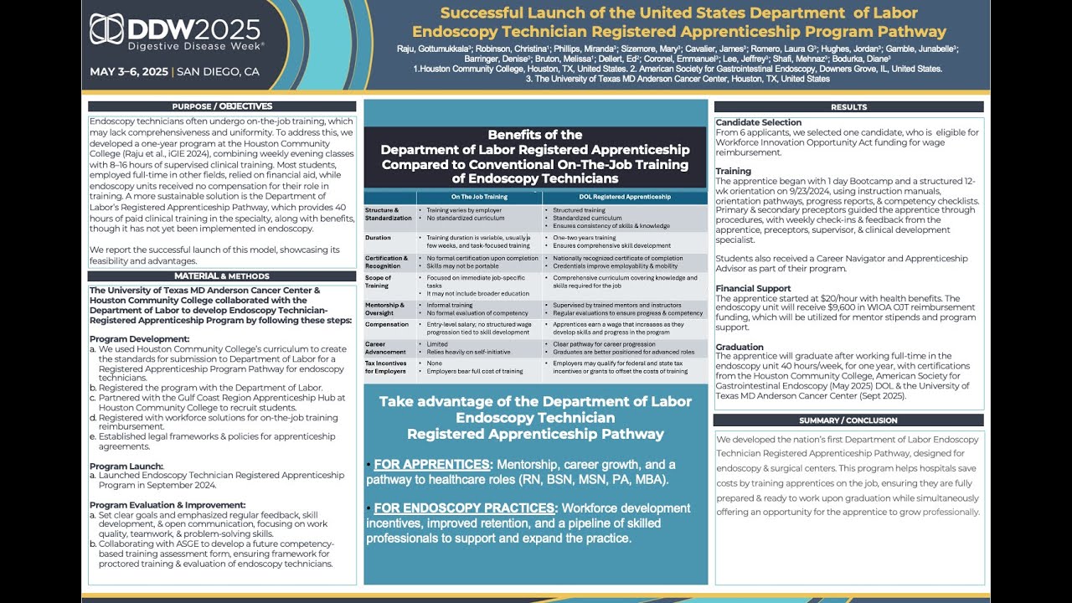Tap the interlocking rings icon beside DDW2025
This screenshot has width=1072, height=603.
point(107,32)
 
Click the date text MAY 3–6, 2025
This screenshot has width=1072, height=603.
point(129,71)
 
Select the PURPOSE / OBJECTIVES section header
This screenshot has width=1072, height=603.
point(222,106)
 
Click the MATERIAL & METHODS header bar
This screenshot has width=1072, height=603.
point(222,276)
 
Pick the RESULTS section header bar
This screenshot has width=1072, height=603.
point(848,107)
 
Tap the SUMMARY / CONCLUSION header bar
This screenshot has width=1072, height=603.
point(848,420)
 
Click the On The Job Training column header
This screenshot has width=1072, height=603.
point(479,197)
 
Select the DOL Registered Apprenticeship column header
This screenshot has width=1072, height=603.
point(625,197)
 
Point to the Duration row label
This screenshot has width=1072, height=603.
point(379,238)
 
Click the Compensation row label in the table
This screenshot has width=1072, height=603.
point(387,324)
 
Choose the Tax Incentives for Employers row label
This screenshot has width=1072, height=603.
point(386,367)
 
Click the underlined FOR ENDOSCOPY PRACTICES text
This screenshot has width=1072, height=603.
point(464,508)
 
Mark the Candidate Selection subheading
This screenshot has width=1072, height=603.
point(759,122)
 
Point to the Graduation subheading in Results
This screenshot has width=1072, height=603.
point(740,347)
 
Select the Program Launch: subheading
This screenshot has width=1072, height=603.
point(126,466)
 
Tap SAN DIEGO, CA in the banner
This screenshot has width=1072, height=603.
point(219,71)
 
